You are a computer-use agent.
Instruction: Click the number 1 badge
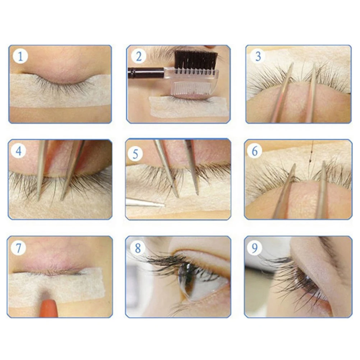pyautogui.click(x=20, y=57)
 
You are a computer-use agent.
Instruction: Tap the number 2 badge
pyautogui.click(x=139, y=57)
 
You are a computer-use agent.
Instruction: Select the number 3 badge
pyautogui.click(x=257, y=56)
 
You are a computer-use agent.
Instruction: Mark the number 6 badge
pyautogui.click(x=254, y=151)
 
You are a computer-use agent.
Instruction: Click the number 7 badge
pyautogui.click(x=19, y=248)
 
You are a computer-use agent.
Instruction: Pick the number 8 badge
pyautogui.click(x=138, y=248)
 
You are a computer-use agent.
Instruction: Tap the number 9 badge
pyautogui.click(x=255, y=248)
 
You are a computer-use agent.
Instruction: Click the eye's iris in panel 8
pyautogui.click(x=187, y=278)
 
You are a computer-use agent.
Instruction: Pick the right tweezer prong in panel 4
pyautogui.click(x=72, y=169)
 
